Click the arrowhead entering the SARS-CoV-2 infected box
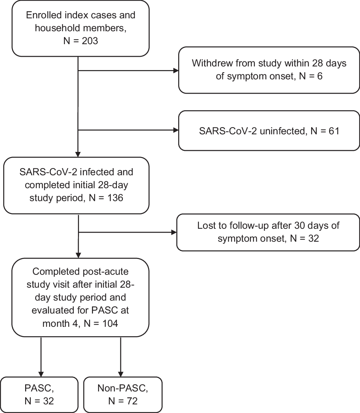coord(78,154)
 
